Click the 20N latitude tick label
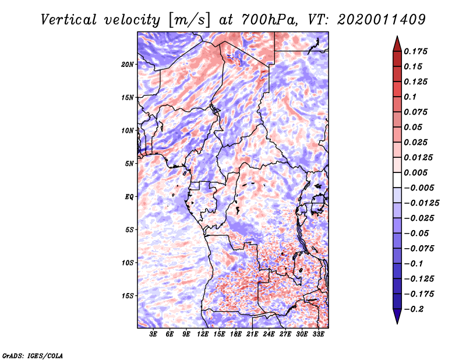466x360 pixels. coord(128,64)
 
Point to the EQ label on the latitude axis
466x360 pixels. coord(129,196)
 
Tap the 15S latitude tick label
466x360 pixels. coord(128,296)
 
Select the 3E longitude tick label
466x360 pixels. coord(153,334)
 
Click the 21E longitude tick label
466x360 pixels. coord(252,334)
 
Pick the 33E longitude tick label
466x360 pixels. coord(318,334)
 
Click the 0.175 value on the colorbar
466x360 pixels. coord(415,51)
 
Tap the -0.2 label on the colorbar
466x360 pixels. coord(414,309)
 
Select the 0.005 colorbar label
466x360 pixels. coord(415,172)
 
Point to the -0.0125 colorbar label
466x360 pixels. coord(421,203)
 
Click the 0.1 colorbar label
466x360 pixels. coord(410,97)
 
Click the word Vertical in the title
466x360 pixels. coord(69,20)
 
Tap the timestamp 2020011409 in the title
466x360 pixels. coord(382,20)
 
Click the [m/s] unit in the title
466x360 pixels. coord(189,20)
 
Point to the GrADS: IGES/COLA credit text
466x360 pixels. coord(33,355)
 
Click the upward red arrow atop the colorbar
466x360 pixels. coord(397,44)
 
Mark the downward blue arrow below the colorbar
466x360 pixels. coord(397,316)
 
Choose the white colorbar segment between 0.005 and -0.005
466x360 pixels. coord(397,180)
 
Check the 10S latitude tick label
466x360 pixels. coord(128,263)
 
